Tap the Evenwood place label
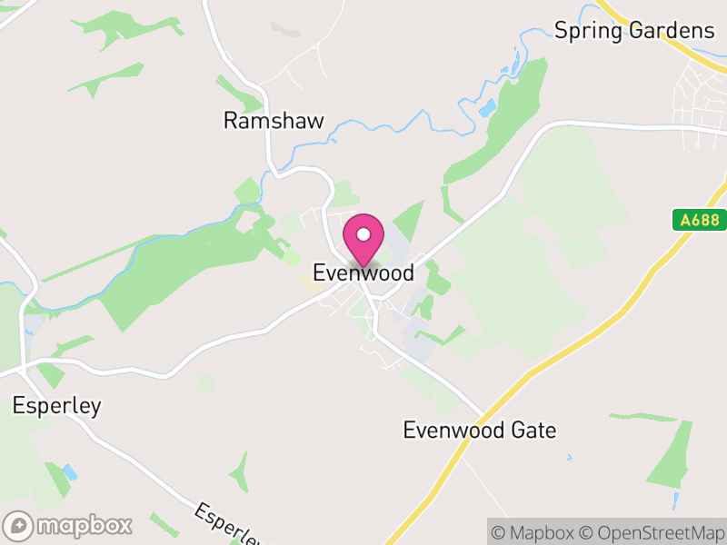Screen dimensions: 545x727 tap(363, 272)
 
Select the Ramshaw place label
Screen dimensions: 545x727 tap(274, 121)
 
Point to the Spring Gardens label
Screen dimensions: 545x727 tap(634, 30)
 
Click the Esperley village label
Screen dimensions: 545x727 tap(56, 405)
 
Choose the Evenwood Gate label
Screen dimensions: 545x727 tap(480, 430)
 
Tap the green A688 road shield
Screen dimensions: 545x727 tap(693, 220)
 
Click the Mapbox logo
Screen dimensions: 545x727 tap(69, 525)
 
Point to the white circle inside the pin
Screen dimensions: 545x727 tap(363, 233)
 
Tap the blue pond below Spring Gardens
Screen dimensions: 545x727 tap(488, 108)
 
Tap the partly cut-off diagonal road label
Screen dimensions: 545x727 tap(223, 525)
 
